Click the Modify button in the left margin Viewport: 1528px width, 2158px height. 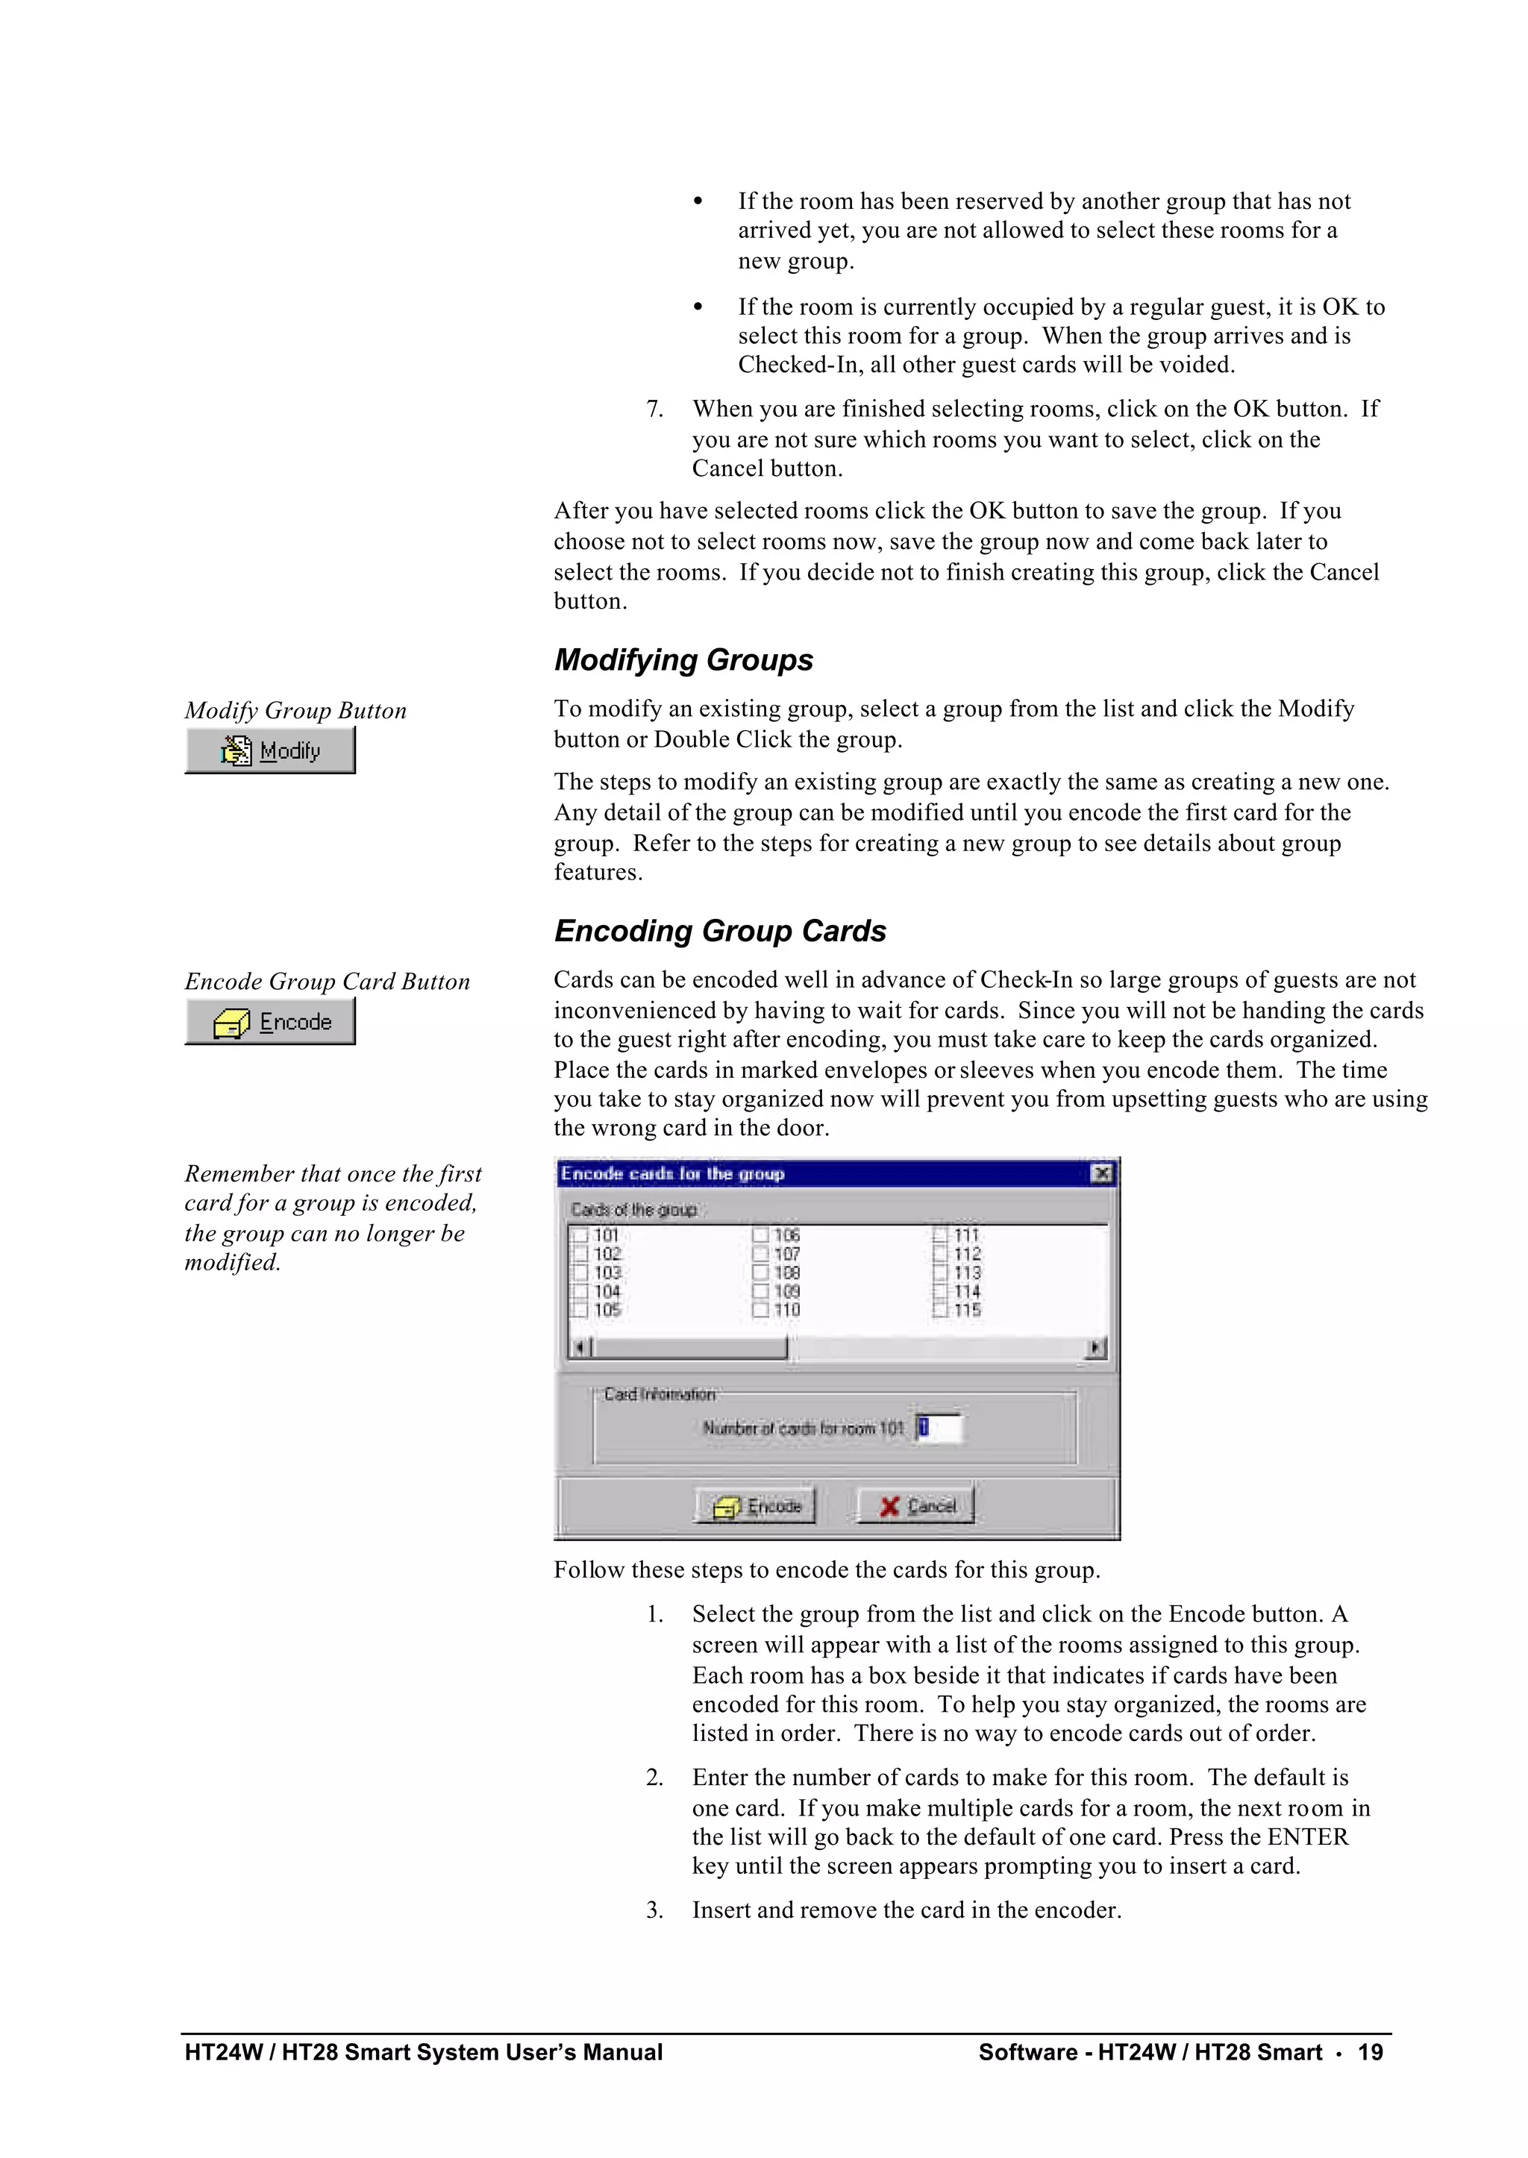(x=270, y=750)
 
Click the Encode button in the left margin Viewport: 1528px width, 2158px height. (x=270, y=1022)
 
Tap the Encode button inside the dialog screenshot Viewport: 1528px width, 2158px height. (x=756, y=1506)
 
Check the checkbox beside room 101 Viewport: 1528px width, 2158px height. (x=580, y=1235)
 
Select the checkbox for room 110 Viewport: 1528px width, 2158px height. (x=760, y=1309)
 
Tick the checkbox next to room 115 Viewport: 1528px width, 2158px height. (x=940, y=1309)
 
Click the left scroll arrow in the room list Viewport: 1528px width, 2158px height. (x=580, y=1348)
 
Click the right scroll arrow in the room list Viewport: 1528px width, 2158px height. (x=1095, y=1348)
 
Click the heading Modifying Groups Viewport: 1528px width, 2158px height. (x=683, y=660)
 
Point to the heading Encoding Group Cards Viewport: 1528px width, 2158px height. (x=720, y=932)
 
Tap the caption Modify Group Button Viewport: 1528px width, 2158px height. (x=295, y=711)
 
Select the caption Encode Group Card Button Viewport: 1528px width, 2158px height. (x=327, y=982)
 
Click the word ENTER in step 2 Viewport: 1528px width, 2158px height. (x=1307, y=1837)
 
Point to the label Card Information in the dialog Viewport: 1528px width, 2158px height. (x=659, y=1394)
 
